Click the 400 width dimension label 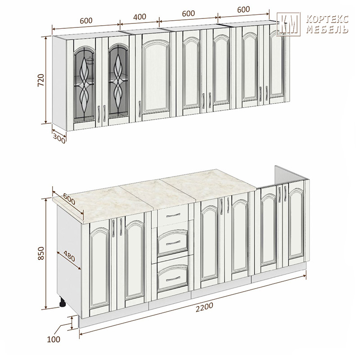click(139, 17)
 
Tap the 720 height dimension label click(40, 80)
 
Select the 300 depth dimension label click(59, 139)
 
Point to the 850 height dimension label click(40, 253)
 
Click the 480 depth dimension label click(69, 256)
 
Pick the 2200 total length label click(204, 307)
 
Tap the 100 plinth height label click(54, 339)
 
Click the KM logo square click(288, 24)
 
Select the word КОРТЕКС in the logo click(327, 19)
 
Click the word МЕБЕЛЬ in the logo click(327, 29)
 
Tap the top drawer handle click(173, 216)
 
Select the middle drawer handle click(173, 243)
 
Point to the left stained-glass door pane click(84, 84)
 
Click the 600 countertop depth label click(69, 199)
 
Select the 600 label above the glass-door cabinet click(86, 21)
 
